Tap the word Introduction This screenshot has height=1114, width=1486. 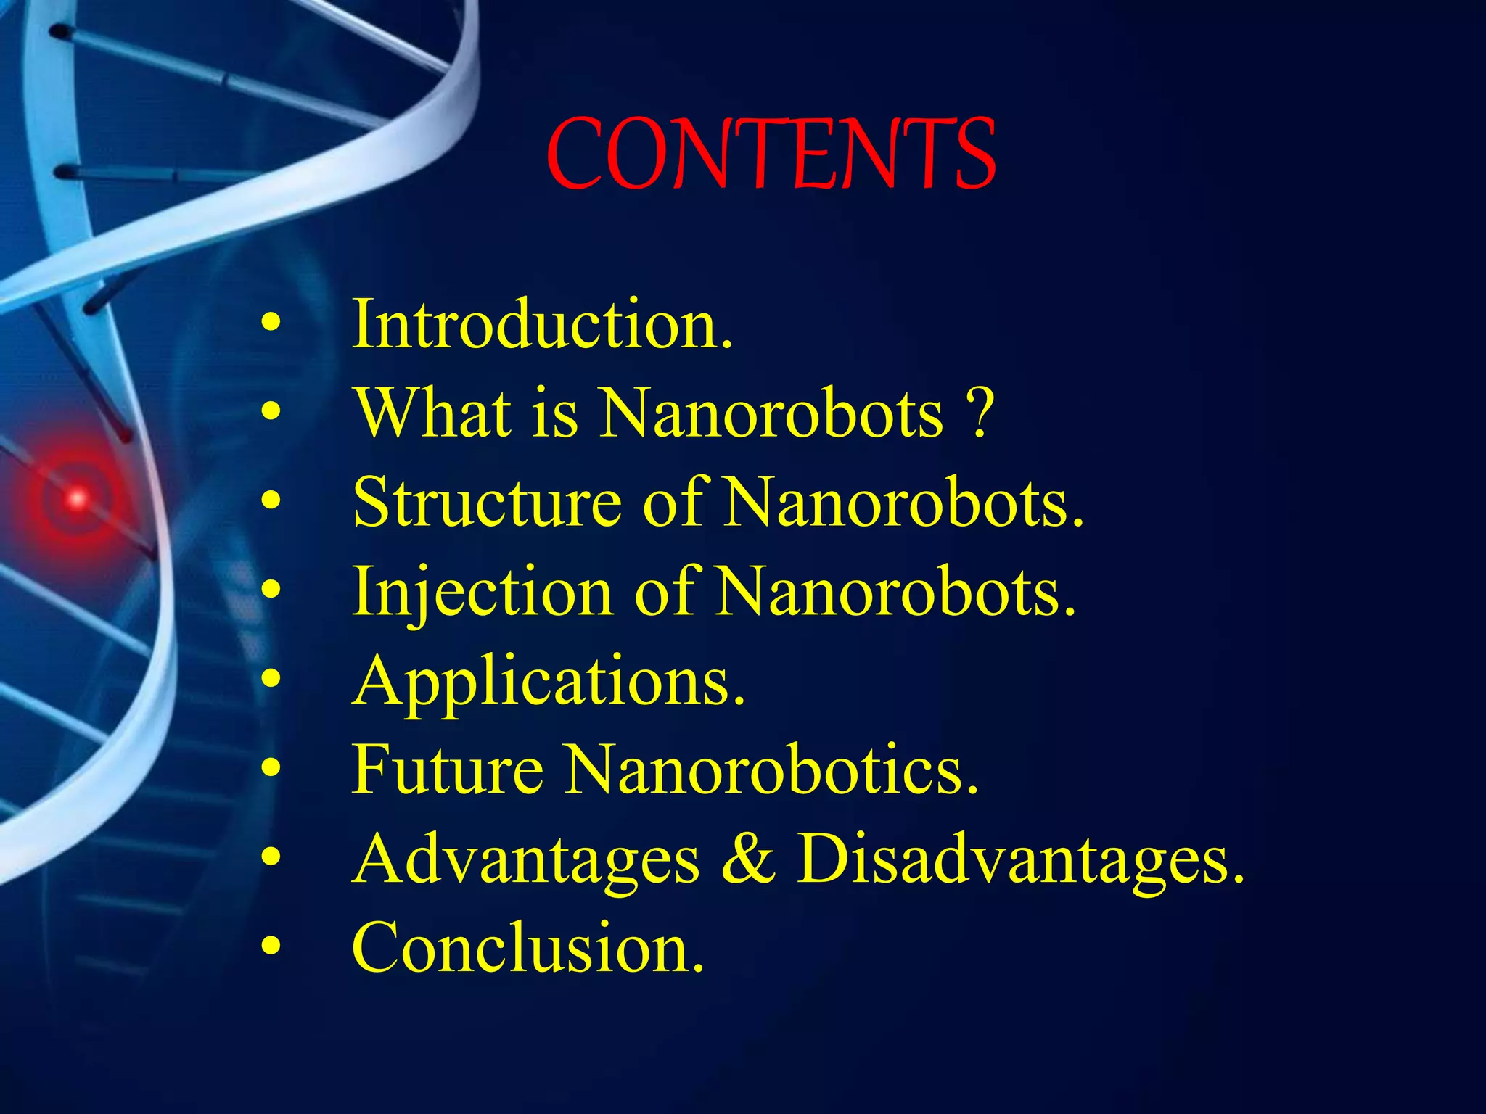coord(542,324)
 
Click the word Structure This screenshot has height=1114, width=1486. coord(487,503)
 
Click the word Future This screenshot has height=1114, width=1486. coord(447,770)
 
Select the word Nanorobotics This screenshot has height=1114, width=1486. coord(773,770)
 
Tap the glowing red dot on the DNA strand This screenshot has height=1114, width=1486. coord(76,498)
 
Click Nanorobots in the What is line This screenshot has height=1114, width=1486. coord(772,413)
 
